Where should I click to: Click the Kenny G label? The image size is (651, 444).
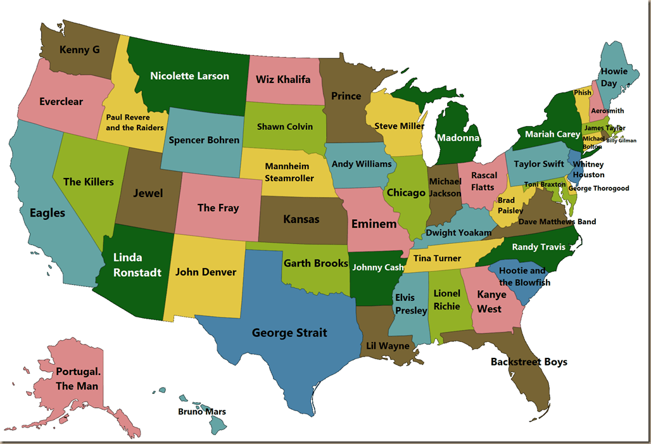[x=79, y=49]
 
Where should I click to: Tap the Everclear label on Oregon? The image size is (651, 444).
[x=61, y=101]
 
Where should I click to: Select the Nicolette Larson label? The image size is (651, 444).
[x=189, y=76]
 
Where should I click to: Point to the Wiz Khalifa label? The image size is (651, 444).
[x=283, y=79]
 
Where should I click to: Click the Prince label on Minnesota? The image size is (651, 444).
[x=346, y=96]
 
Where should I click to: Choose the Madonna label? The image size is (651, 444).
[x=458, y=138]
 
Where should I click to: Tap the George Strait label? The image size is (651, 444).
[x=289, y=333]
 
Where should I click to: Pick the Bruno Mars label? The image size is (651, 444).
[x=202, y=412]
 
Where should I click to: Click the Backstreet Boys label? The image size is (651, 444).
[x=529, y=362]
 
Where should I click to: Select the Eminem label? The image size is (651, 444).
[x=374, y=224]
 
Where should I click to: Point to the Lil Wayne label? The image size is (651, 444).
[x=388, y=346]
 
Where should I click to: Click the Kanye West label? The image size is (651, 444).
[x=491, y=301]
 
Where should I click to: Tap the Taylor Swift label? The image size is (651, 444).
[x=538, y=164]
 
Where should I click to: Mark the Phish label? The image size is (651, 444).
[x=583, y=92]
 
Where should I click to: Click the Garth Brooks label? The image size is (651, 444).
[x=316, y=263]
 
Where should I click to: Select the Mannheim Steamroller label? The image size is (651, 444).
[x=289, y=172]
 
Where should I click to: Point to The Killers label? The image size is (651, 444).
[x=89, y=182]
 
